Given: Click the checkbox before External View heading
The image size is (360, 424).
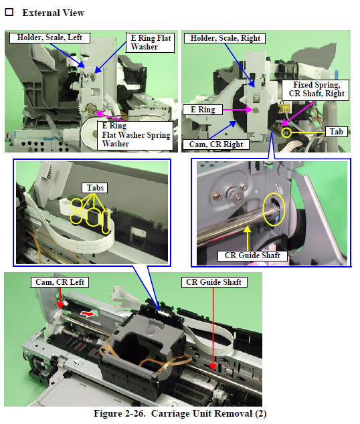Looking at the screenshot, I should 10,13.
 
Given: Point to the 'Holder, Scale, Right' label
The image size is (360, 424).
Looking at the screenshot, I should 225,38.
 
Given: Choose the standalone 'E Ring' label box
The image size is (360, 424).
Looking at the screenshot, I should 199,108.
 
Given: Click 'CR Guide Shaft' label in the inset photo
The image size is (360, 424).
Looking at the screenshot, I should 252,255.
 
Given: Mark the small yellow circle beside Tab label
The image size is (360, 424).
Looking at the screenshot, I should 287,132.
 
